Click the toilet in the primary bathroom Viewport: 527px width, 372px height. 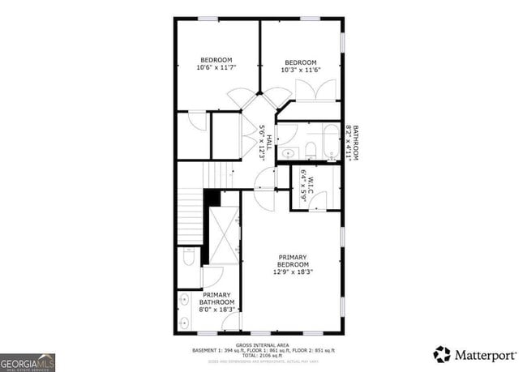coord(187,259)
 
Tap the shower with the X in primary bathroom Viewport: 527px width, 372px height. coord(225,235)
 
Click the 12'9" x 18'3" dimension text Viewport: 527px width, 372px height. coord(293,272)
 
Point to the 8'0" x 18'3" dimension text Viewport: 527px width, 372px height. coord(217,309)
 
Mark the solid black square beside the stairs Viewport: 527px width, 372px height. coord(212,197)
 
